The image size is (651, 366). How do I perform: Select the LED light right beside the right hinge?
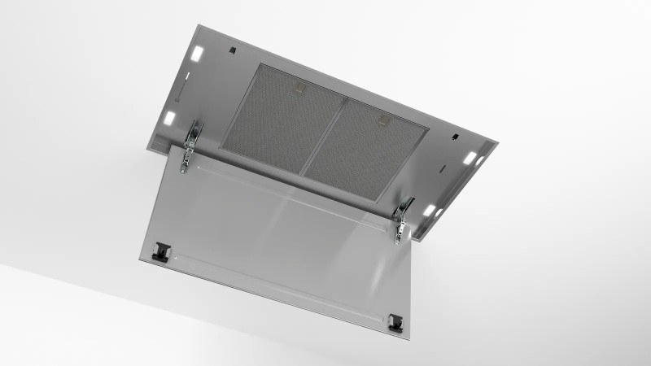click(x=428, y=210)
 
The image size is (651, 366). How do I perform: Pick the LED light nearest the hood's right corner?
click(x=470, y=157)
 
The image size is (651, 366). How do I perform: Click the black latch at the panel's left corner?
click(x=160, y=251)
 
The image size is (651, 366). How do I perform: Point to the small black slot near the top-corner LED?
click(x=233, y=50)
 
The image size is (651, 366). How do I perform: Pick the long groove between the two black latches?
click(x=277, y=285)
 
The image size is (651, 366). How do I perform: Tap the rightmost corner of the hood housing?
click(x=497, y=145)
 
